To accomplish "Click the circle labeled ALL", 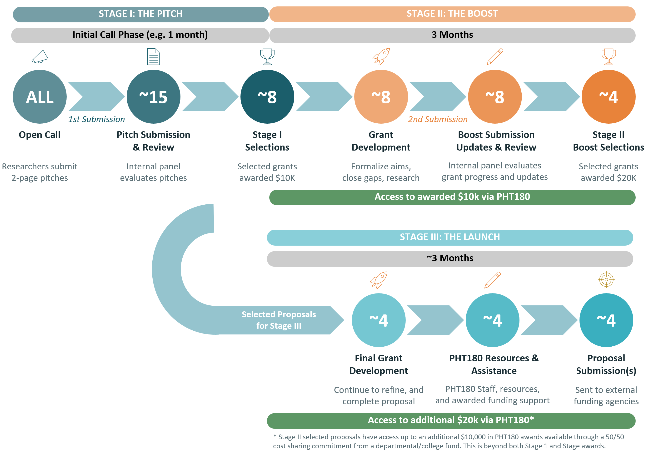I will tap(40, 97).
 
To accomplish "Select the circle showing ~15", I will tap(153, 97).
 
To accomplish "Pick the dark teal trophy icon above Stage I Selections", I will tap(267, 56).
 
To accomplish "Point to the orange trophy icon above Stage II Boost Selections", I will tap(608, 56).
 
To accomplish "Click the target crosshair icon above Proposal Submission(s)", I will tap(606, 279).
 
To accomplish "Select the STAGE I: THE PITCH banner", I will tap(140, 14).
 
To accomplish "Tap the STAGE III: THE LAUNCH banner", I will tap(449, 237).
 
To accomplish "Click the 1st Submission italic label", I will tap(96, 119).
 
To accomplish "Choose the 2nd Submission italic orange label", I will tap(438, 119).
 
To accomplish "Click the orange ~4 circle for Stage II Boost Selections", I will tap(608, 97).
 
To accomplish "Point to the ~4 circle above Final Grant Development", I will tap(379, 320).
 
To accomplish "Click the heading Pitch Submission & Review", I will tap(153, 141).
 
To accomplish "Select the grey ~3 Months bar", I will tap(449, 258).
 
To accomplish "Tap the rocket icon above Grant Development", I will tap(381, 56).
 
